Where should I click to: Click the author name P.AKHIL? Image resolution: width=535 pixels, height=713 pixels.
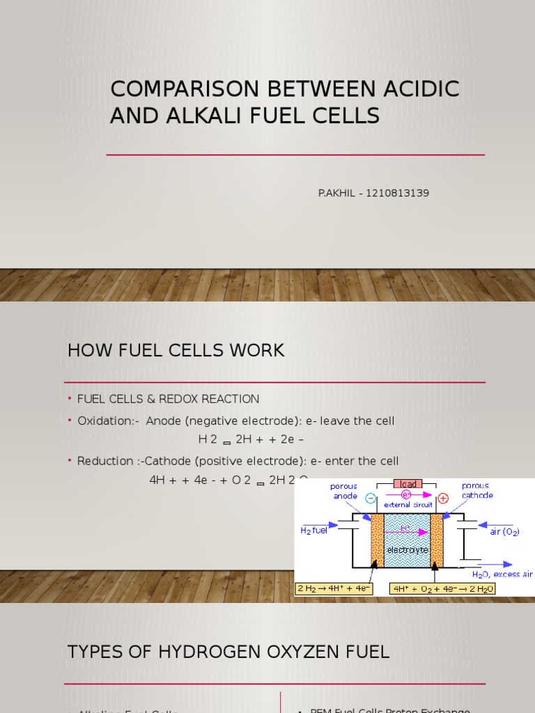coord(338,193)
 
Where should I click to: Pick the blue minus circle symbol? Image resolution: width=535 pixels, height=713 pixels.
coord(371,497)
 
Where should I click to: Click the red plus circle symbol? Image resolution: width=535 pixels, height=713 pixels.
coord(443,498)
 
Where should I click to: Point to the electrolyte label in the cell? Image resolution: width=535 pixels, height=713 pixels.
coord(407,549)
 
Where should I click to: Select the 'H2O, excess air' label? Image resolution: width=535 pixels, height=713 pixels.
coord(502,574)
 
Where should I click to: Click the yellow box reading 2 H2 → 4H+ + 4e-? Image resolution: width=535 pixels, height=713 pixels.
coord(335,589)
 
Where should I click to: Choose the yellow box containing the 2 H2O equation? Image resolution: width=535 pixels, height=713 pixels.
coord(442,589)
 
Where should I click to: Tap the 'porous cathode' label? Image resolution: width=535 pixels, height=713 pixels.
coord(477,490)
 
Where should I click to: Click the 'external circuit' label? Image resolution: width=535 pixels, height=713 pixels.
coord(413,505)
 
